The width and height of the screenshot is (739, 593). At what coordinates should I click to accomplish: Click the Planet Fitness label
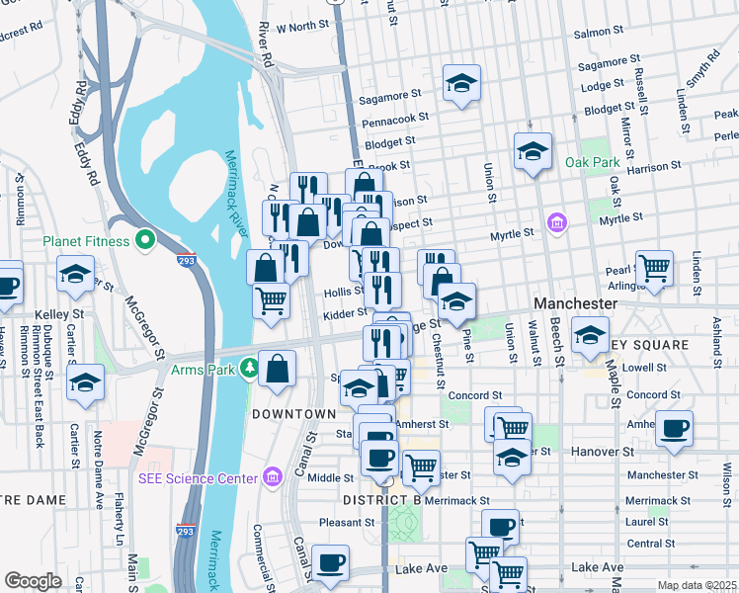[86, 241]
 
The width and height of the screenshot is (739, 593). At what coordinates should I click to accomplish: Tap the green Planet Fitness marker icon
[145, 239]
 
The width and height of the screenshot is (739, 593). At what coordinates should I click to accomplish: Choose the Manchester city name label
[575, 303]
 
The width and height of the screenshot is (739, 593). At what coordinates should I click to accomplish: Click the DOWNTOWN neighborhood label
[293, 413]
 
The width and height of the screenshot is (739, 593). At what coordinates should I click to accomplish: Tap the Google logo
[33, 581]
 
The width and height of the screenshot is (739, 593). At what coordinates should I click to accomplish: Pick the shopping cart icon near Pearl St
[654, 267]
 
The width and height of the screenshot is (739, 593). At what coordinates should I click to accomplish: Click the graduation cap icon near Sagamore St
[460, 85]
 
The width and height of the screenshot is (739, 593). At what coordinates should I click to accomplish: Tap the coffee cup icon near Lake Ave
[330, 562]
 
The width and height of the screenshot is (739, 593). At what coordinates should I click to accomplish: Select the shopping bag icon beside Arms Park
[278, 370]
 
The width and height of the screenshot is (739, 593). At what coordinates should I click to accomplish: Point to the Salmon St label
[593, 33]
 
